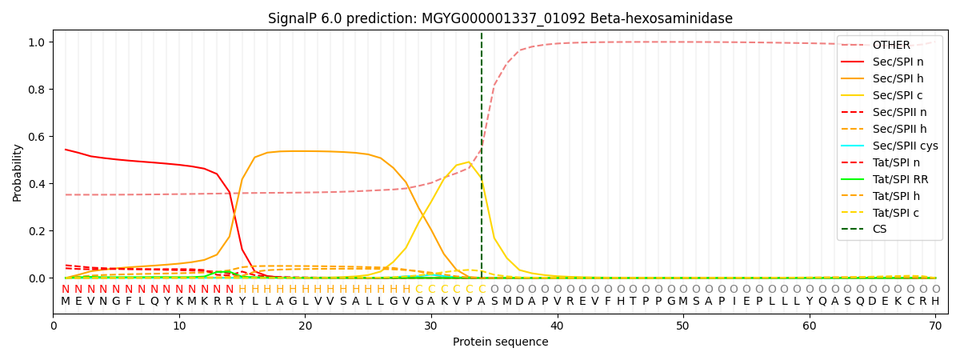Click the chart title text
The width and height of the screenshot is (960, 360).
[500, 18]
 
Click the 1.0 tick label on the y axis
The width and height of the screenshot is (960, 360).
[39, 42]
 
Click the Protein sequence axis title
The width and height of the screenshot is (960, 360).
[500, 342]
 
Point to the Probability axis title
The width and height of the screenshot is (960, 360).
[18, 172]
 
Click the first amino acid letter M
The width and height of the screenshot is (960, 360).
[66, 302]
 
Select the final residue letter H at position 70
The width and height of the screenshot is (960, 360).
[935, 302]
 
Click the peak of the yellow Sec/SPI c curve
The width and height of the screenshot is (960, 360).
[469, 162]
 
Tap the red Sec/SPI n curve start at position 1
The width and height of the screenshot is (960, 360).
[66, 150]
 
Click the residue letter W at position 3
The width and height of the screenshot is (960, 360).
[90, 302]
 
